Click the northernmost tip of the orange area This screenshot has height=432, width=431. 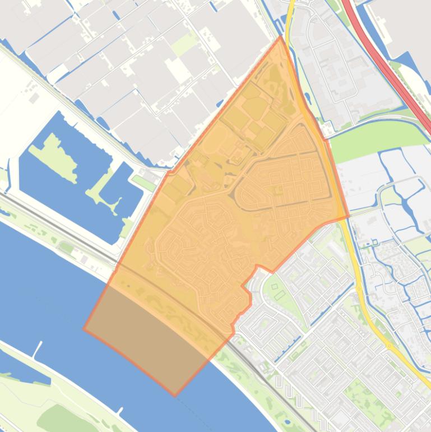281,37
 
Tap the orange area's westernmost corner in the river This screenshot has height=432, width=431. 85,329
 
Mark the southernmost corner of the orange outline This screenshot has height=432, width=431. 175,395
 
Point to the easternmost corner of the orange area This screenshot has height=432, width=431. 348,216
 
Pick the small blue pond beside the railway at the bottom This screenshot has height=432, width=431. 287,421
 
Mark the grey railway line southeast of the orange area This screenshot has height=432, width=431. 280,387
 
